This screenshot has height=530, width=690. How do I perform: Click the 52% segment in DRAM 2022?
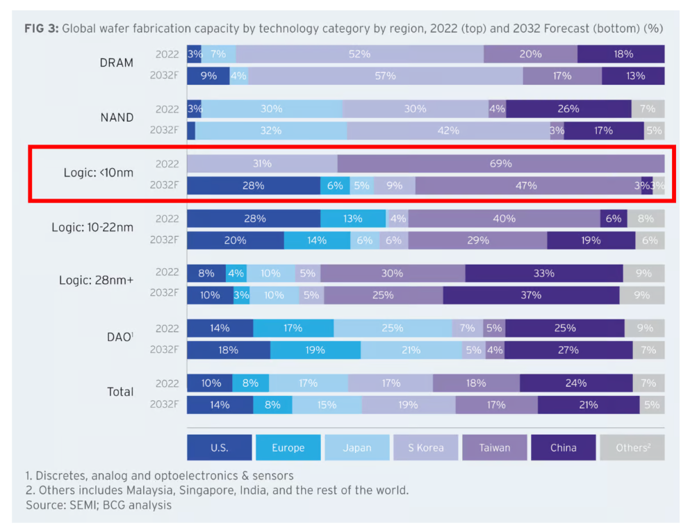(x=359, y=54)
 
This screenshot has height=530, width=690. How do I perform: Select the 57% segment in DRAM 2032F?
(x=385, y=76)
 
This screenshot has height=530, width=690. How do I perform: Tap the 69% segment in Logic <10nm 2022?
(x=500, y=164)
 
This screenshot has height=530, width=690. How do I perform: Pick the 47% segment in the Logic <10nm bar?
(x=526, y=185)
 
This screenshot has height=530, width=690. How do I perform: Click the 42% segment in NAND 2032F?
(x=448, y=131)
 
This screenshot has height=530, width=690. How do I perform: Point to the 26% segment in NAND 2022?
(x=568, y=109)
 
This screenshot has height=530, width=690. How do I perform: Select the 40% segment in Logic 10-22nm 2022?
(x=504, y=219)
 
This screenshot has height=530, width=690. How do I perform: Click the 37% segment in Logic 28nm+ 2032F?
(x=530, y=295)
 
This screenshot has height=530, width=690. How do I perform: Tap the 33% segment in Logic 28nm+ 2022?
(x=543, y=274)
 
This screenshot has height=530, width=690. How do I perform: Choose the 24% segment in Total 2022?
(x=575, y=383)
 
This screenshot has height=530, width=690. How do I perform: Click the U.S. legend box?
(x=220, y=448)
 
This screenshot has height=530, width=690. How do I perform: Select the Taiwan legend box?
(x=493, y=448)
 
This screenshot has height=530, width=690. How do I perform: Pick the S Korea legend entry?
(x=425, y=448)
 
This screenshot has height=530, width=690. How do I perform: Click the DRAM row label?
(x=117, y=63)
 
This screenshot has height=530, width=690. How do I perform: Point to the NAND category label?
(x=117, y=117)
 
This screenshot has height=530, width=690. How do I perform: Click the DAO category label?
(x=119, y=337)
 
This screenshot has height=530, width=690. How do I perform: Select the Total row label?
(x=120, y=392)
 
